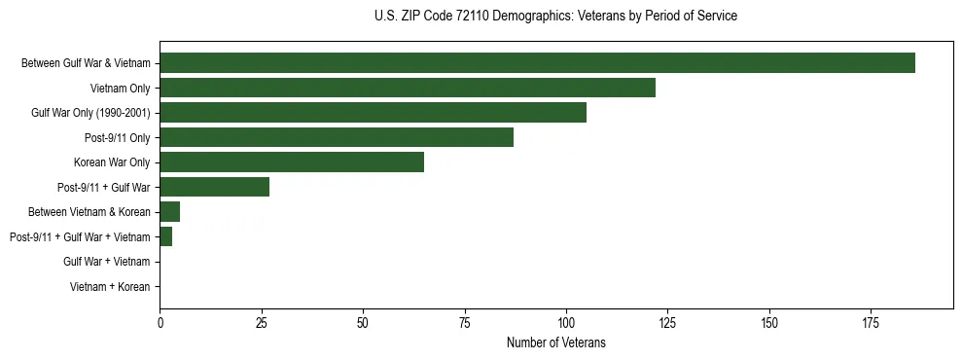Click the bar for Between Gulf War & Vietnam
click(537, 63)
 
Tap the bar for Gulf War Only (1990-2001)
click(373, 113)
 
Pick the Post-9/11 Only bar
click(337, 137)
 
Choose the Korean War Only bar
click(292, 162)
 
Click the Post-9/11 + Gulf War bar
click(215, 187)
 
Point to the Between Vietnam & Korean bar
click(170, 212)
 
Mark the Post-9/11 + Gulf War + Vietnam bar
click(166, 236)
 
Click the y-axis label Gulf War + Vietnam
click(106, 262)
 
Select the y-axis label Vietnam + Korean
click(110, 287)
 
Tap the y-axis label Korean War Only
click(112, 162)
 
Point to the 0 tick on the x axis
click(160, 322)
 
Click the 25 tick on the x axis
click(261, 322)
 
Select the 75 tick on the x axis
click(464, 322)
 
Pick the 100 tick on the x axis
click(566, 322)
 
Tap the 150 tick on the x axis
click(768, 322)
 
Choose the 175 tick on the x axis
click(871, 322)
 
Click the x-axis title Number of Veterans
click(555, 342)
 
